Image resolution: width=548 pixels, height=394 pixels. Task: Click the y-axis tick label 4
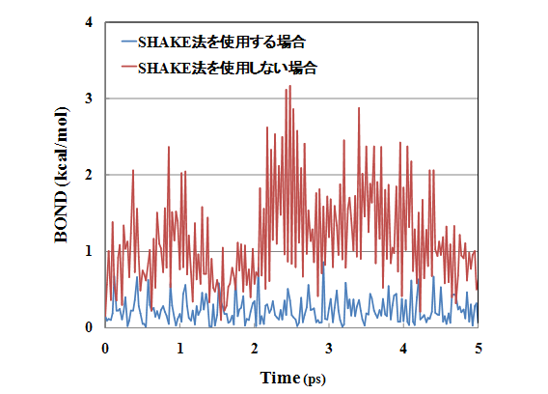tap(89, 22)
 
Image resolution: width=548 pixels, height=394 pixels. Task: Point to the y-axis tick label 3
tap(89, 98)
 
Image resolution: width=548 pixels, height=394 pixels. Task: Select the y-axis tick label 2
tap(89, 175)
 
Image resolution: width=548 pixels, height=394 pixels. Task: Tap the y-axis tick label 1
tap(89, 251)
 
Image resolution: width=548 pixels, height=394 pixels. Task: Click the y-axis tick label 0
tap(89, 327)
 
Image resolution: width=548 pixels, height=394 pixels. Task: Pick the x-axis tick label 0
tap(105, 349)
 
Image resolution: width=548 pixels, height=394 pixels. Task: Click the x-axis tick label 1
tap(180, 349)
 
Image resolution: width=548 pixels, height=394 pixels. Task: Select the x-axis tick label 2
tap(255, 349)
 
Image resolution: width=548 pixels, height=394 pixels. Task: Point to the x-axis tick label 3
tap(329, 349)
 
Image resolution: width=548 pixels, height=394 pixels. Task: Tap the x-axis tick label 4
tap(403, 349)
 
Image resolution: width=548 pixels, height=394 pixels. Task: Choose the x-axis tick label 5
tap(479, 349)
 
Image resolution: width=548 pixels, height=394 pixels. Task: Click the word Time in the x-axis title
tap(281, 378)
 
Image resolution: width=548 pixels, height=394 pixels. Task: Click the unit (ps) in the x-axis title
tap(315, 380)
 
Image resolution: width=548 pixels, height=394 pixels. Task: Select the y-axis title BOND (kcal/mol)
tap(61, 175)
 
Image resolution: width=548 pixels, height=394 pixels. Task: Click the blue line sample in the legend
tap(128, 42)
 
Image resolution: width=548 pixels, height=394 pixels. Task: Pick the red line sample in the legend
tap(128, 68)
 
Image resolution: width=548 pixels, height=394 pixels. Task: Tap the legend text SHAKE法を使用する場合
tap(222, 42)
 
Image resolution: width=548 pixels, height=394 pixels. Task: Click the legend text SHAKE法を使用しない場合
tap(228, 68)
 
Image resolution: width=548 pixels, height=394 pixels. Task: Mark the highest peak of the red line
tap(290, 86)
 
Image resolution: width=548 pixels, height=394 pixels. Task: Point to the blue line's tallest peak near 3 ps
tap(323, 262)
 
